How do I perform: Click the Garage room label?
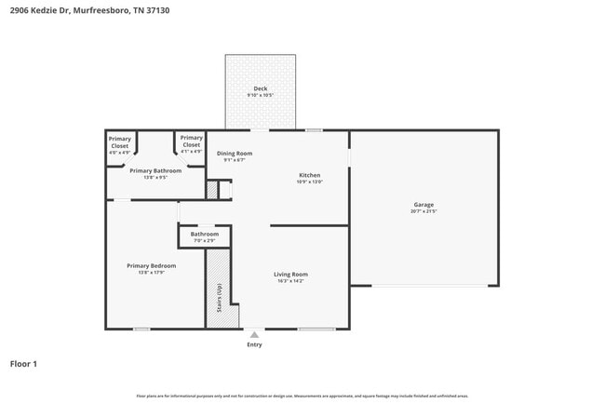[x=423, y=205]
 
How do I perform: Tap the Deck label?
[x=261, y=88]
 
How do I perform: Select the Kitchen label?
[x=309, y=175]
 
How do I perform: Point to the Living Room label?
[x=290, y=274]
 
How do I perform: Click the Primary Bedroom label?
[x=152, y=265]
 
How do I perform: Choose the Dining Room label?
[x=235, y=153]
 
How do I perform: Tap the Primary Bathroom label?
[x=155, y=170]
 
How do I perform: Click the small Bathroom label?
[x=205, y=234]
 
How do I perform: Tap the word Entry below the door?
[x=254, y=344]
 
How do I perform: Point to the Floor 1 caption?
[x=23, y=364]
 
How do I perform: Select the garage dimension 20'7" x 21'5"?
[x=423, y=211]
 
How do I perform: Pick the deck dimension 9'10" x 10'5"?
[x=261, y=95]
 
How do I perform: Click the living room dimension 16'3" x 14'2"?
[x=290, y=280]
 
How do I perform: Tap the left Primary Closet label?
[x=120, y=142]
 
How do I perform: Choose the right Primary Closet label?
[x=192, y=142]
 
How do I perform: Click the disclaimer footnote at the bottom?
[x=302, y=396]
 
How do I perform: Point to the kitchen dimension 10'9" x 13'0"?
[x=309, y=182]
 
